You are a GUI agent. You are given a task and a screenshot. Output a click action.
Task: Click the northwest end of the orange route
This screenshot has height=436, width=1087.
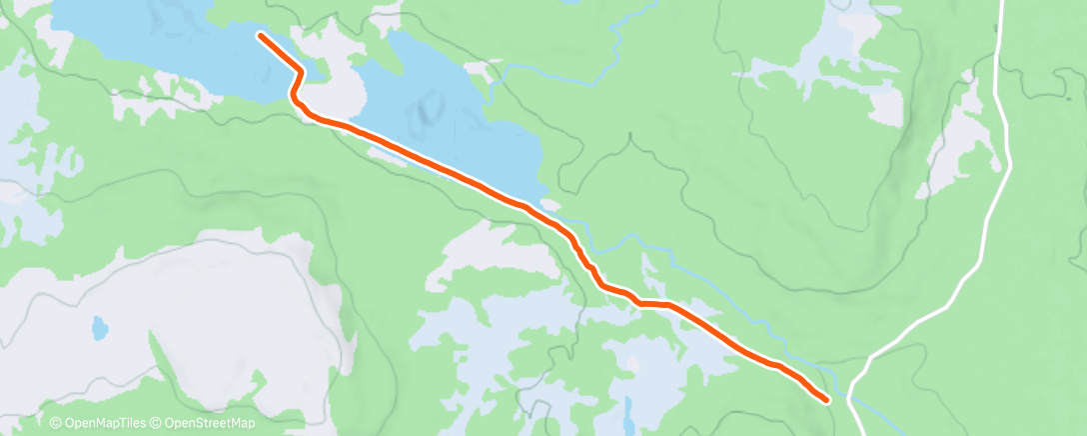[x=261, y=36]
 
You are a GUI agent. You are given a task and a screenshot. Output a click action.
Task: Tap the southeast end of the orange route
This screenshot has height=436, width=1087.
[x=827, y=400]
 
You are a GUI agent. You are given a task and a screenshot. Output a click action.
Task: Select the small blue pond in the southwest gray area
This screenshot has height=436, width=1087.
[x=98, y=327]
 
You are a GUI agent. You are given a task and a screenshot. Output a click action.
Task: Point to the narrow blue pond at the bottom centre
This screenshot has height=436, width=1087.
[x=627, y=410]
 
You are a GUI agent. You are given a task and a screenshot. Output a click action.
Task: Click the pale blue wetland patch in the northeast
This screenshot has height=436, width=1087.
[x=839, y=40]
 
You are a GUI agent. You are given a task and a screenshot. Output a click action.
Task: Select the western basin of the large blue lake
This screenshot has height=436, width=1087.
[x=150, y=40]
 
